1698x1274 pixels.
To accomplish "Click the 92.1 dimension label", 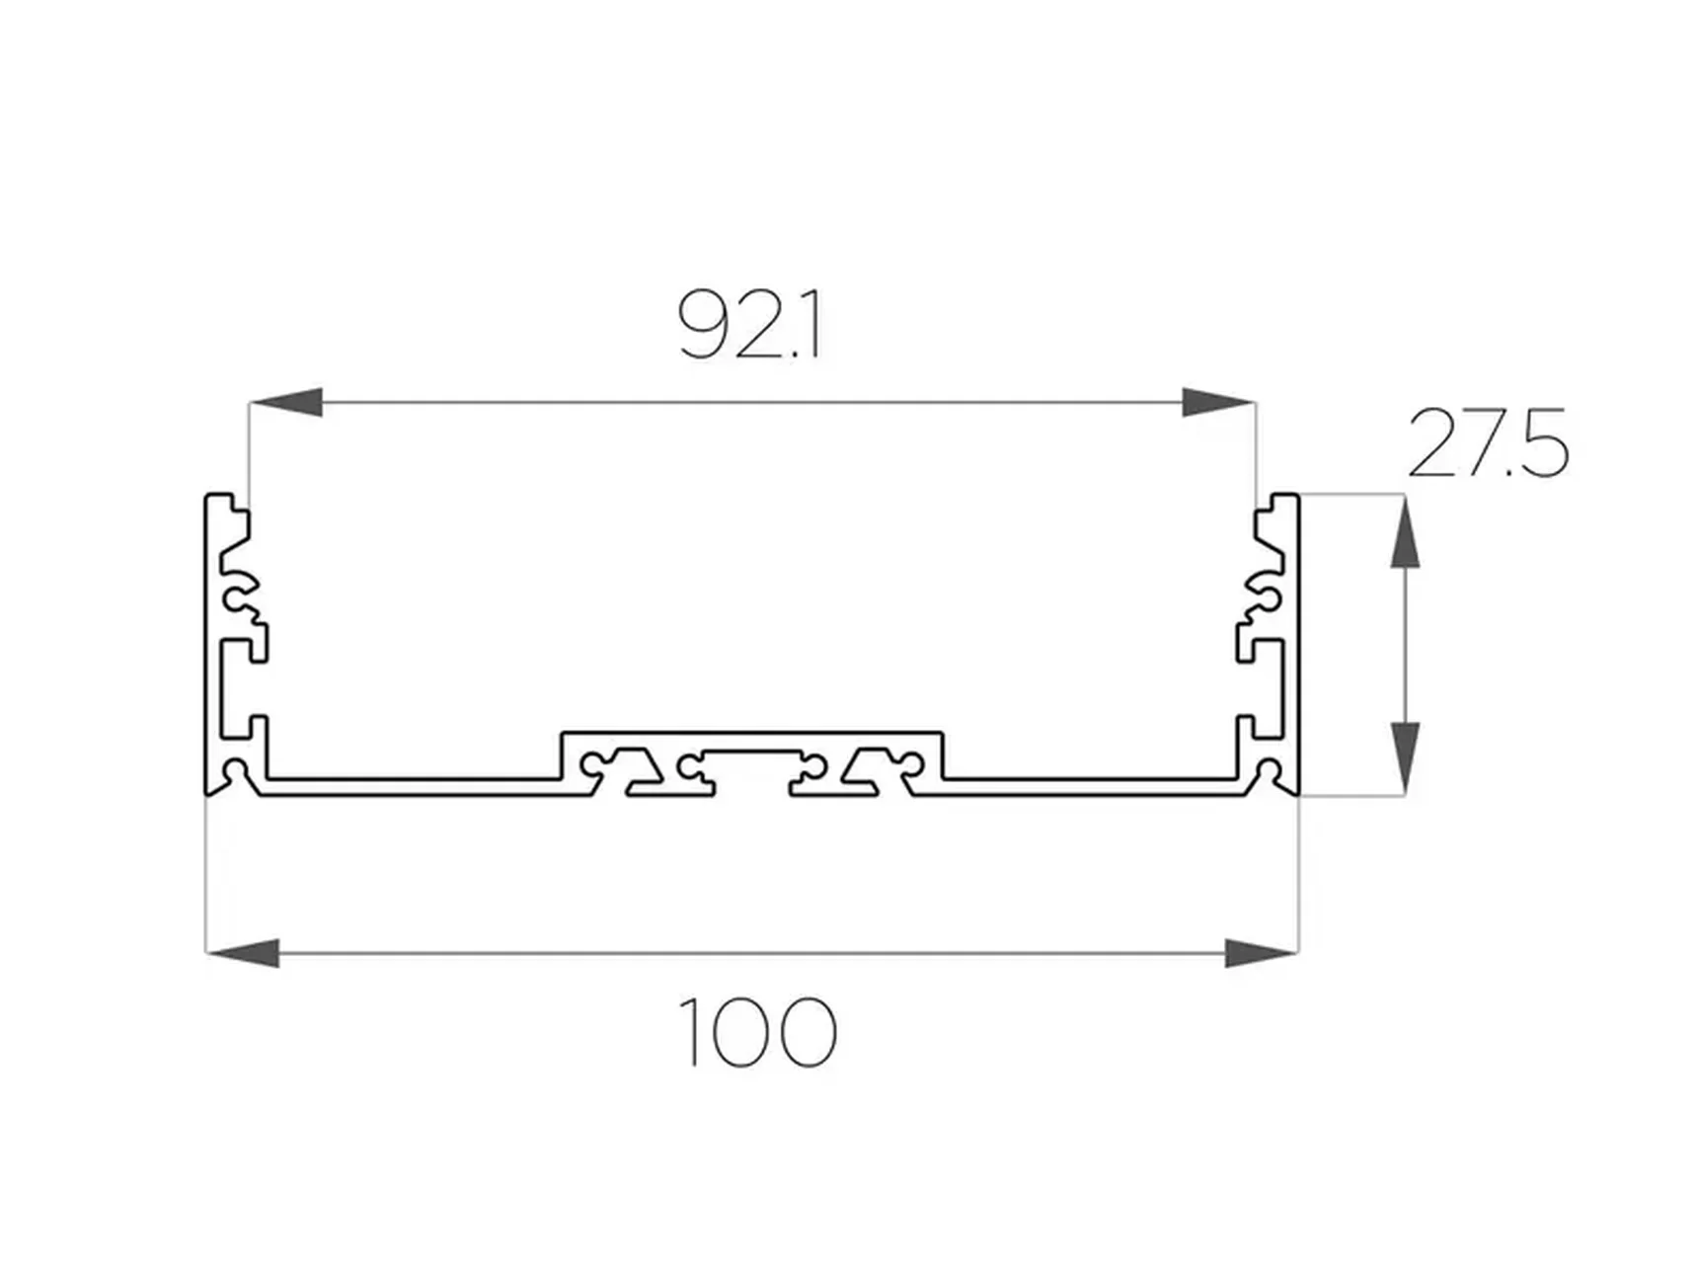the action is [750, 324].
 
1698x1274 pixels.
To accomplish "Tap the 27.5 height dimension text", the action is [1488, 443].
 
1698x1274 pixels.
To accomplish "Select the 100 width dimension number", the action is [758, 1032].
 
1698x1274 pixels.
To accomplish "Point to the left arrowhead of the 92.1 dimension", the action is [286, 402].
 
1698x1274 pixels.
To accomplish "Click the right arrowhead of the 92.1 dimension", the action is [1219, 402].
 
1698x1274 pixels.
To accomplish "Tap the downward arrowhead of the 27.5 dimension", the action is [1405, 757].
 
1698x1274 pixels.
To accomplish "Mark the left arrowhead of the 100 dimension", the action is [243, 953].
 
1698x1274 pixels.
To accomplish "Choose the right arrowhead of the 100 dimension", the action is [1261, 953].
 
